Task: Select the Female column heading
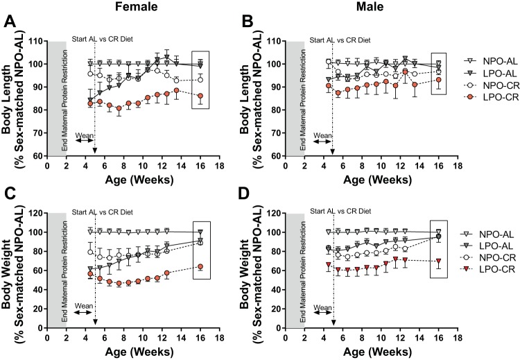pos(137,8)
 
